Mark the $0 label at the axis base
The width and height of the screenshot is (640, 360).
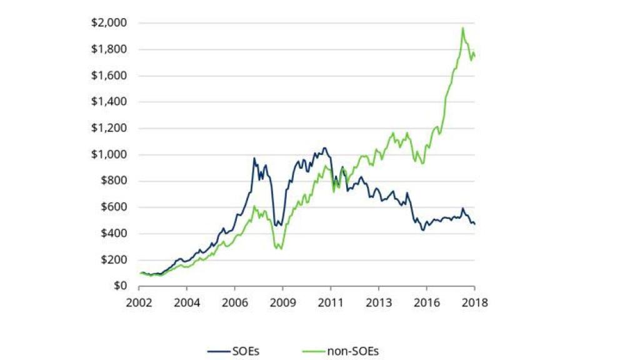pyautogui.click(x=120, y=286)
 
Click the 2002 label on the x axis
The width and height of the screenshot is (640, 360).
pyautogui.click(x=139, y=302)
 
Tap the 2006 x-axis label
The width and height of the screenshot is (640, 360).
pyautogui.click(x=234, y=302)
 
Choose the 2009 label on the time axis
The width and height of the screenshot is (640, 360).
pyautogui.click(x=282, y=302)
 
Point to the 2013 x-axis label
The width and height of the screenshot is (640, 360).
pyautogui.click(x=378, y=302)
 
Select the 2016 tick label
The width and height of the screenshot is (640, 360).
pyautogui.click(x=426, y=302)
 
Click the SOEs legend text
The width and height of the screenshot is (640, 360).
pyautogui.click(x=245, y=351)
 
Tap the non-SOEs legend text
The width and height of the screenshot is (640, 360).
pyautogui.click(x=353, y=351)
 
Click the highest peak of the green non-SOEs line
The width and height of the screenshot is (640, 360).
pyautogui.click(x=462, y=27)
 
